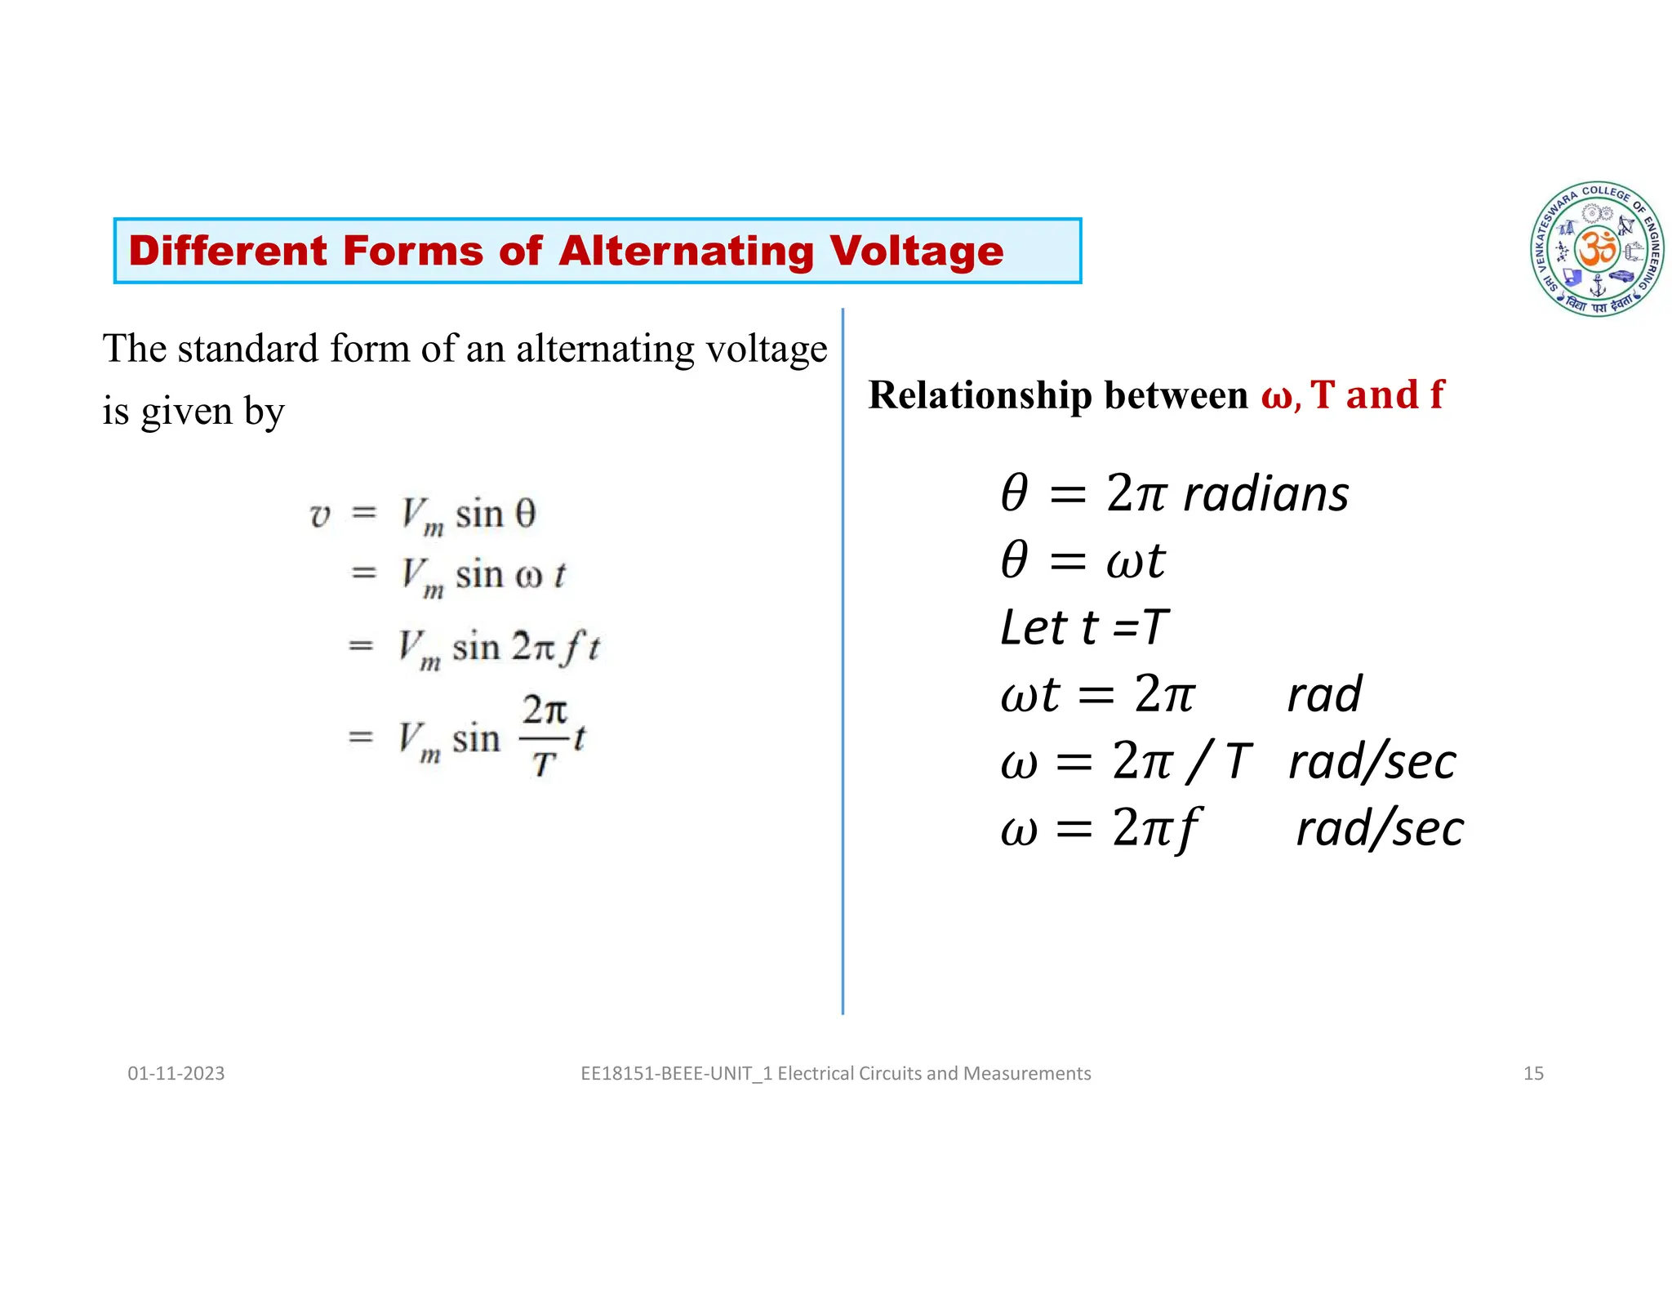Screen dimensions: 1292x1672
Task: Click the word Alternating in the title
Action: pyautogui.click(x=687, y=251)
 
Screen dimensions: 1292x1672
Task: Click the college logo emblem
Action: pyautogui.click(x=1597, y=249)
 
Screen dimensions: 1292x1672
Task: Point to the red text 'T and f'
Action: pyautogui.click(x=1377, y=395)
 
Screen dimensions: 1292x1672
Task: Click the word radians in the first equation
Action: pyautogui.click(x=1266, y=494)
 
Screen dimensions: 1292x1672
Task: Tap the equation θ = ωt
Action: pyautogui.click(x=1083, y=561)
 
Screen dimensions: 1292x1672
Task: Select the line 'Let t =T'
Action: pyautogui.click(x=1084, y=627)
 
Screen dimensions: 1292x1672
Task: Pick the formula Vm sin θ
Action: pyautogui.click(x=468, y=515)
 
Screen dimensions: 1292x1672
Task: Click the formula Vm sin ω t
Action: pyautogui.click(x=482, y=576)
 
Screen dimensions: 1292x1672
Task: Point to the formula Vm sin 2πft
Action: pyautogui.click(x=499, y=648)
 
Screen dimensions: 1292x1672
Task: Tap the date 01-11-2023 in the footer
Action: pyautogui.click(x=176, y=1073)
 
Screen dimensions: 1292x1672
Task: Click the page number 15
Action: pyautogui.click(x=1533, y=1073)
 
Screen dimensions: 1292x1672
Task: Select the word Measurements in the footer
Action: pyautogui.click(x=1027, y=1073)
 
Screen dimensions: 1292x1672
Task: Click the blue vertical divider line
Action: pyautogui.click(x=843, y=662)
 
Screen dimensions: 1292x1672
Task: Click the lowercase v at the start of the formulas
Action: pyautogui.click(x=319, y=516)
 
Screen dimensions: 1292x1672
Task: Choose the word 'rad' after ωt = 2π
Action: pyautogui.click(x=1324, y=694)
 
